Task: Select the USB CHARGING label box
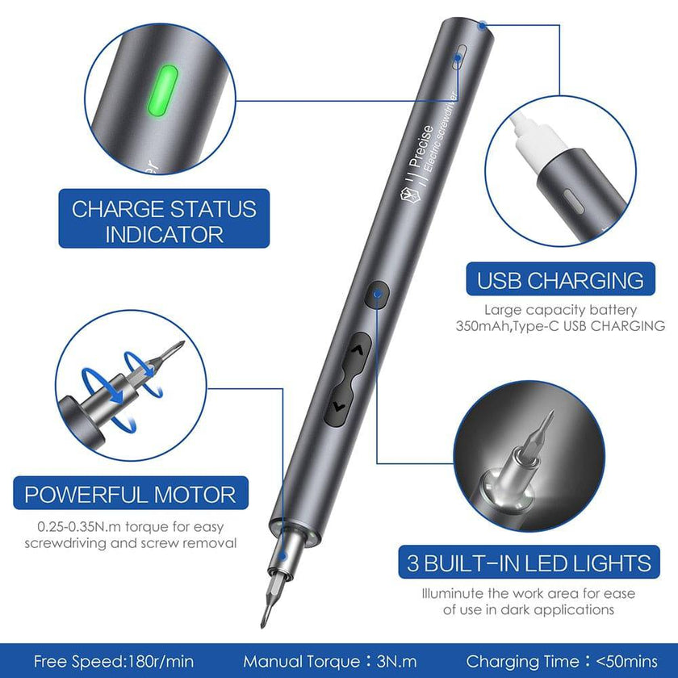pos(560,280)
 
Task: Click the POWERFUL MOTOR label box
pos(131,494)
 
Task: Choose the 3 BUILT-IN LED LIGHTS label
pos(529,563)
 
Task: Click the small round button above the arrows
pos(377,296)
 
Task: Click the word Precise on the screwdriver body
pos(416,145)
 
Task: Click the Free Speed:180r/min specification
pos(113,661)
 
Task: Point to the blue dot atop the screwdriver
pos(482,24)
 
